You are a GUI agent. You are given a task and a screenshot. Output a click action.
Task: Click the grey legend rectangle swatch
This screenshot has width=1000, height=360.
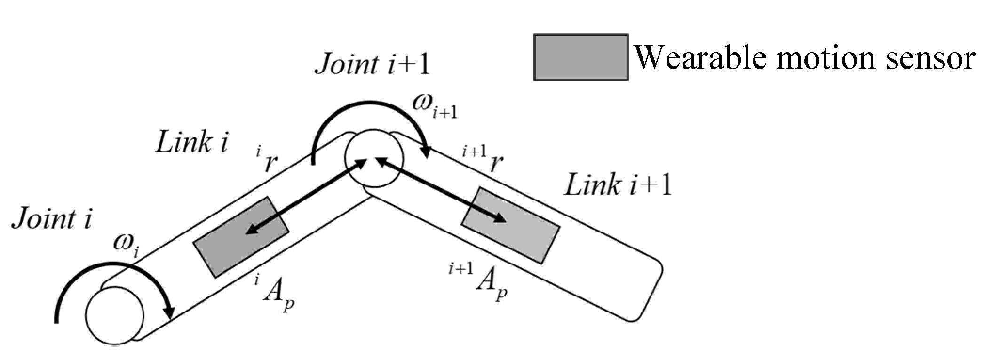580,57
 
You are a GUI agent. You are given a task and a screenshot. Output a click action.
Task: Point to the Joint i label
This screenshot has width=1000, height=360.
52,219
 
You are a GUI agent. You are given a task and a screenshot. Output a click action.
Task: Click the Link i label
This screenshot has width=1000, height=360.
191,142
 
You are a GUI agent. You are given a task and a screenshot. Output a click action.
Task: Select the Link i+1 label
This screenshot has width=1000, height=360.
618,184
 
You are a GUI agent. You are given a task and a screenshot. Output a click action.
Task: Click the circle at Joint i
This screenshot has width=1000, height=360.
115,316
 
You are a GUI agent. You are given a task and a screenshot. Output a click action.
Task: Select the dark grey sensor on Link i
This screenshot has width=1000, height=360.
241,237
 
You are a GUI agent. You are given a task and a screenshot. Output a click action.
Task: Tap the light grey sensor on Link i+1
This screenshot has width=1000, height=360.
511,225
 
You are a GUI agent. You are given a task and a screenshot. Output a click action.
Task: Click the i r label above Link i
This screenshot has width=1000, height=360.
267,160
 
